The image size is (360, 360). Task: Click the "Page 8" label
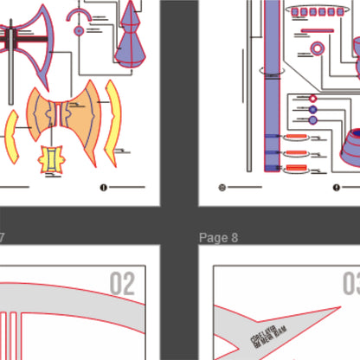coord(218,237)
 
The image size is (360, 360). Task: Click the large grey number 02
coord(122,284)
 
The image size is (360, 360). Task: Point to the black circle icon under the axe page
coord(103,187)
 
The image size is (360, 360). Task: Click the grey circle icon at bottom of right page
coord(222,187)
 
